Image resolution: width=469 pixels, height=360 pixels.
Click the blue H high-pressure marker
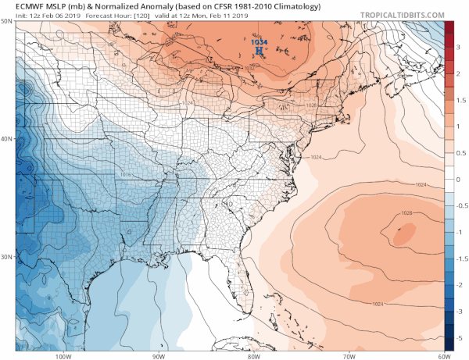click(260, 54)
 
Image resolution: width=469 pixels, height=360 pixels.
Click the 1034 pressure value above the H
click(260, 45)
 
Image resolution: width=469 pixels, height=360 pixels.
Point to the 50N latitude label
click(7, 21)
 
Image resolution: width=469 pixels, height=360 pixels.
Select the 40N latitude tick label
click(7, 139)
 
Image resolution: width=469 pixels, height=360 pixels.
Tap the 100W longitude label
click(63, 356)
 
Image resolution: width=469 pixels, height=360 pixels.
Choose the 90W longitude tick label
click(158, 356)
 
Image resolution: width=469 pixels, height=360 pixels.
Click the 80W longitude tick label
click(252, 356)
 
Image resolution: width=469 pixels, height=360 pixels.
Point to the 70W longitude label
click(347, 356)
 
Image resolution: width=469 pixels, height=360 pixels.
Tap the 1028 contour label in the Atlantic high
click(406, 213)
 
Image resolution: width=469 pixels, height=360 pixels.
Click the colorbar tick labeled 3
click(460, 46)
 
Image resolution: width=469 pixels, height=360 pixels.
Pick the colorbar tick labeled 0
click(460, 179)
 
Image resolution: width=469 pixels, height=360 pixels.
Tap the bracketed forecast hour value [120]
click(134, 16)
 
